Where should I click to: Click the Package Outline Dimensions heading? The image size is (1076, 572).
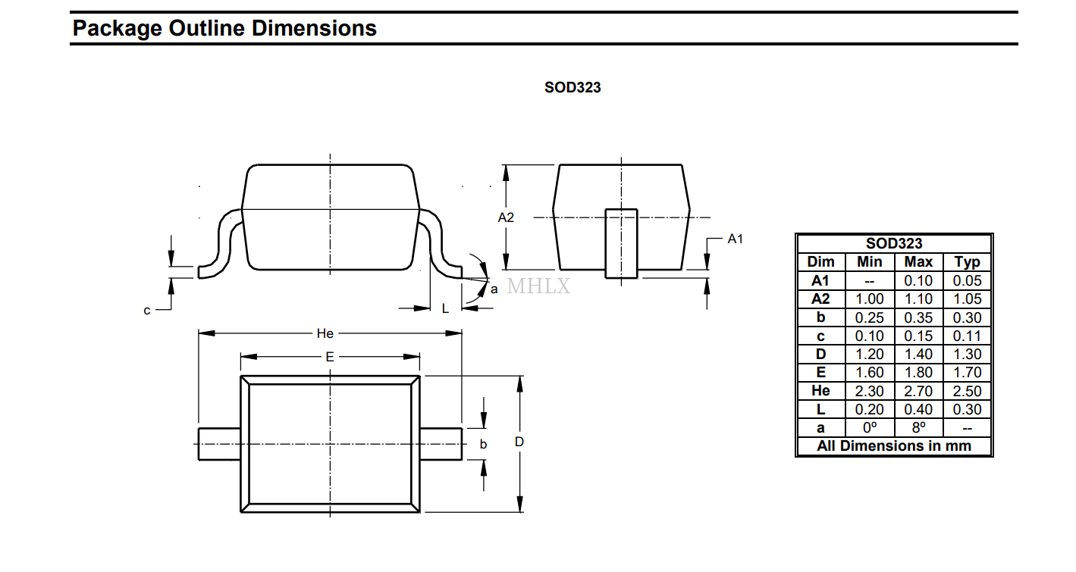(x=224, y=28)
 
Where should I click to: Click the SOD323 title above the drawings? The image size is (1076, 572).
(x=572, y=87)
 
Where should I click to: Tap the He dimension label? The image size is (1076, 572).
(x=325, y=333)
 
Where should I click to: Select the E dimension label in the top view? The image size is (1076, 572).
(x=330, y=357)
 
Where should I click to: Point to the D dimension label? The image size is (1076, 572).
(x=519, y=442)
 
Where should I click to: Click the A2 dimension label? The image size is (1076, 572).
(x=505, y=217)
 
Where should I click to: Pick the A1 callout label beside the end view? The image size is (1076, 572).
(x=735, y=239)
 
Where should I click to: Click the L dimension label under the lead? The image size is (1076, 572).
(x=445, y=308)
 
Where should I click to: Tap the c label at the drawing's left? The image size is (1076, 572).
(x=147, y=311)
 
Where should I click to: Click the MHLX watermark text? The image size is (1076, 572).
(x=538, y=286)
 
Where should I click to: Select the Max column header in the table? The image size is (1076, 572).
(x=918, y=262)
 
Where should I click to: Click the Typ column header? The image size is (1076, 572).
(x=967, y=262)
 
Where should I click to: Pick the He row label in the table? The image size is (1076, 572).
(x=820, y=391)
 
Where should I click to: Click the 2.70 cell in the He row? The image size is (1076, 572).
(x=918, y=391)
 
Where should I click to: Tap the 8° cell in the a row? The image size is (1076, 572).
(x=918, y=427)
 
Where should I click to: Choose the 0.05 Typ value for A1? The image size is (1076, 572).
(x=967, y=280)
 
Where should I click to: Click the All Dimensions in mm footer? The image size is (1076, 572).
(x=894, y=445)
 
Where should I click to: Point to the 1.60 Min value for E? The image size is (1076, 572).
(x=870, y=373)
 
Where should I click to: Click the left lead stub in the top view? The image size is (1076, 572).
(x=220, y=444)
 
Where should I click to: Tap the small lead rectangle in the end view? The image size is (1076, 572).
(x=621, y=243)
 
